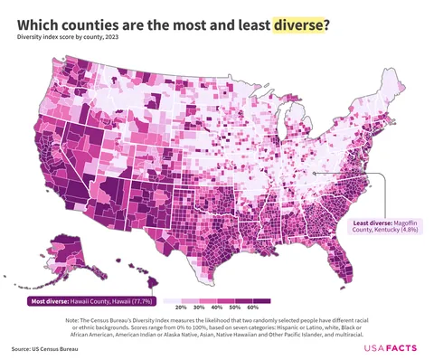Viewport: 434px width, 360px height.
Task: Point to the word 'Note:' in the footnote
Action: (x=74, y=320)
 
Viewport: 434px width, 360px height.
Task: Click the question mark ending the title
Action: (x=326, y=24)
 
